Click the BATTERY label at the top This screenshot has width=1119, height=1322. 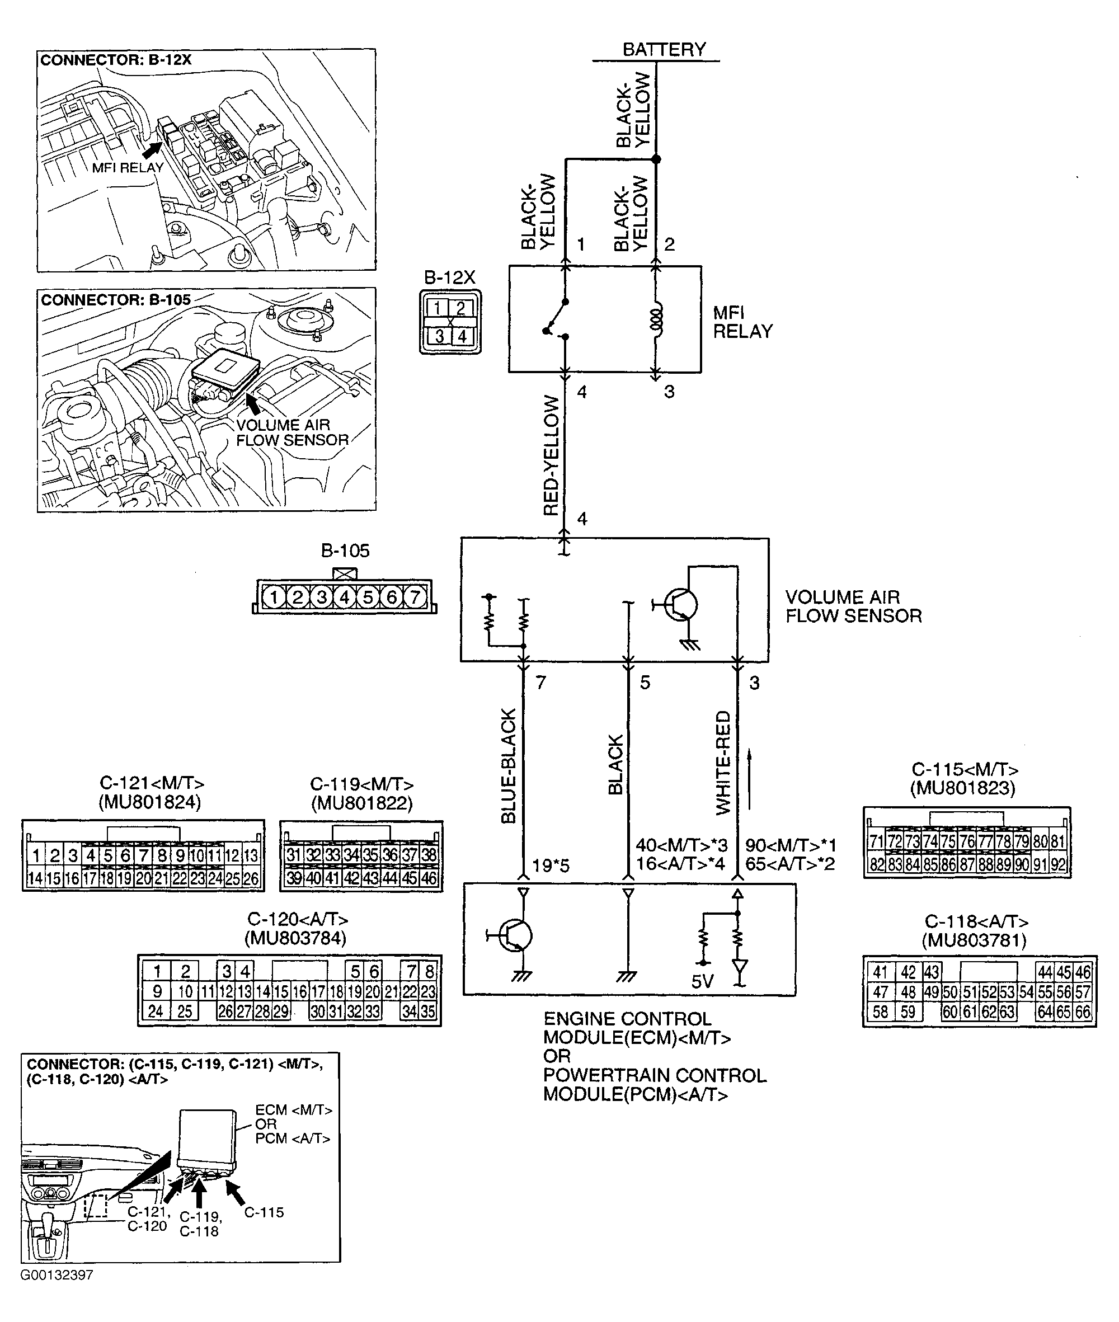664,49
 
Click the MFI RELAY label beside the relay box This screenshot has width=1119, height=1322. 742,322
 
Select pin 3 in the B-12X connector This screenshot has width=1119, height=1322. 439,336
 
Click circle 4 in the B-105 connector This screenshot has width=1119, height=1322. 345,597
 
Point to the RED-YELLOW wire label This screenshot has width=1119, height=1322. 552,455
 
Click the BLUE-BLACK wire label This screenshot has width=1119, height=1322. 509,766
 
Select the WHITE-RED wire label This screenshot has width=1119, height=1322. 723,763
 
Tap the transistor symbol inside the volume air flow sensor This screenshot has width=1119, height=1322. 679,605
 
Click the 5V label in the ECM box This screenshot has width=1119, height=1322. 702,982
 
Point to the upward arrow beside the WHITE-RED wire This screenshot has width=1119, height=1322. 750,780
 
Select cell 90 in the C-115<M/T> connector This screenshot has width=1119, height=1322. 1021,864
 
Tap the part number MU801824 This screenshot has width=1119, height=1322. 150,802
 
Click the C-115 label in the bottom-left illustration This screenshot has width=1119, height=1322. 264,1212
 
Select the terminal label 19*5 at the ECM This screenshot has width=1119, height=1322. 550,865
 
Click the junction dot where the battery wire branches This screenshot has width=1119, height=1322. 656,159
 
